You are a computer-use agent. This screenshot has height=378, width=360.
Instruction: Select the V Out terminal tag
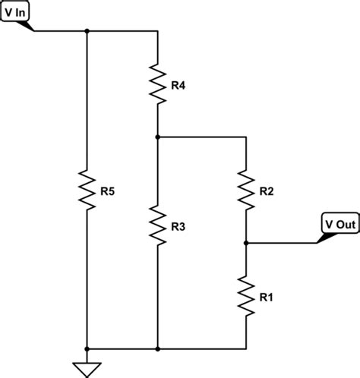339,225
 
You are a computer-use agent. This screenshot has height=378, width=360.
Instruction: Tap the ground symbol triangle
87,368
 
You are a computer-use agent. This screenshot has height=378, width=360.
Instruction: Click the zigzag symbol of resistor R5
87,190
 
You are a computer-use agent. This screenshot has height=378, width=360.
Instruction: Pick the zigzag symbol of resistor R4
156,84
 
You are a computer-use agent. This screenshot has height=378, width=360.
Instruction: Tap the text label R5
109,191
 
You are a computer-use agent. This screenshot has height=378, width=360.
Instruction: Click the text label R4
178,86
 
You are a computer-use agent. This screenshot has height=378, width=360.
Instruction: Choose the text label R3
178,227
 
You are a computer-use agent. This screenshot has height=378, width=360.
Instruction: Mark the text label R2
267,191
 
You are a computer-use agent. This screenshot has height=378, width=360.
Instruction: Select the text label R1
267,298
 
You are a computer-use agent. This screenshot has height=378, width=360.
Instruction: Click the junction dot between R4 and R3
156,137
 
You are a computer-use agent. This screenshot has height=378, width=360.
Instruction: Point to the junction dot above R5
87,31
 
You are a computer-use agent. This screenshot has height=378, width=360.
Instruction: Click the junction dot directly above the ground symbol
87,349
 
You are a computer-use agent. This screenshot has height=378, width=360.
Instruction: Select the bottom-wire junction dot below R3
156,349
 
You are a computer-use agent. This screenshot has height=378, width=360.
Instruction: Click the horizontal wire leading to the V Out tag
281,243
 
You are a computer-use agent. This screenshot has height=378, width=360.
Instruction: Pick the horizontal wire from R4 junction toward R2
202,137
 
